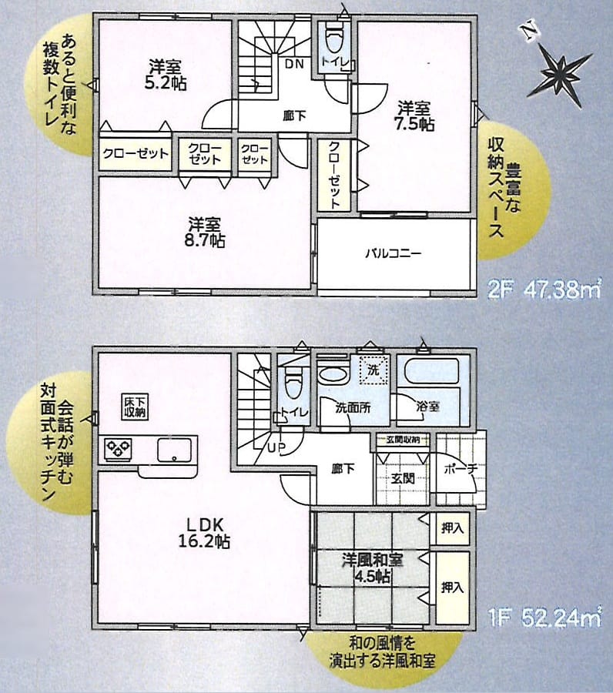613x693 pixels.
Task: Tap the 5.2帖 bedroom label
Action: tap(166, 75)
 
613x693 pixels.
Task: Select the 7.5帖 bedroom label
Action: tap(415, 115)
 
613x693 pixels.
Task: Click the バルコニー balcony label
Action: tap(394, 253)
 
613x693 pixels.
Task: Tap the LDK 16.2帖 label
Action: tap(204, 533)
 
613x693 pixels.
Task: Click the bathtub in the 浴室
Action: tap(432, 372)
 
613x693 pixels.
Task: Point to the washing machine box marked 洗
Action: tap(373, 370)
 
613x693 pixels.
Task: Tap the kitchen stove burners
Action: tap(118, 449)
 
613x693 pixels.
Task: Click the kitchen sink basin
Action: tap(175, 450)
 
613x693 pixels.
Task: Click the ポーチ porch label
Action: tap(460, 469)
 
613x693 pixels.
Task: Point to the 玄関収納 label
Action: tap(402, 440)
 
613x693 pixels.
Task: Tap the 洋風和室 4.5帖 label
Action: tap(372, 568)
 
